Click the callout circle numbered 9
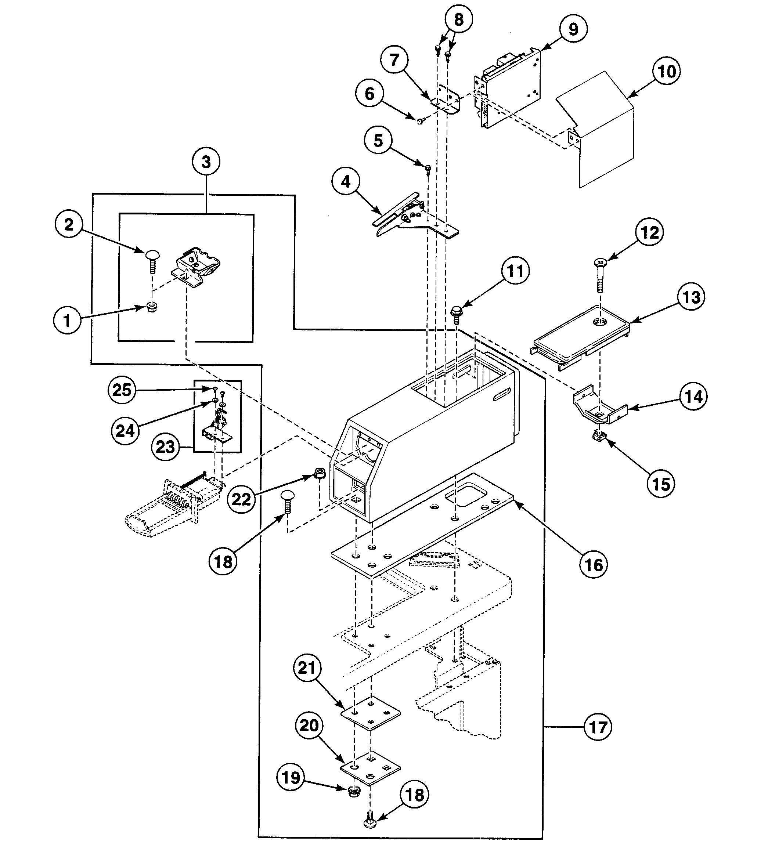click(x=573, y=29)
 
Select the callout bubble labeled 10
click(x=666, y=71)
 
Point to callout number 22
click(x=241, y=499)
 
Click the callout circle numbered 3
click(x=206, y=162)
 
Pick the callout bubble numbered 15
click(x=661, y=484)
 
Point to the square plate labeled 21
click(x=371, y=713)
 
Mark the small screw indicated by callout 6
click(x=420, y=121)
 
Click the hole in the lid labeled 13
click(x=599, y=322)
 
